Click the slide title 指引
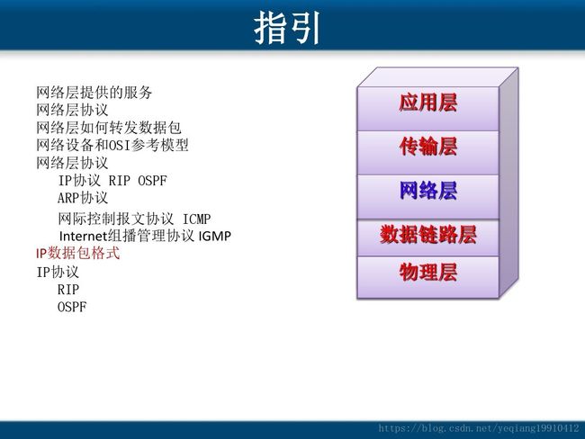[287, 28]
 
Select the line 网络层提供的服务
[94, 93]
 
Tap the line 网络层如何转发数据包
[109, 128]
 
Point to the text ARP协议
[83, 198]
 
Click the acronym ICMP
[196, 219]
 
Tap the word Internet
[83, 236]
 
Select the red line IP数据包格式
[78, 254]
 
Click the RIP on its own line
[68, 290]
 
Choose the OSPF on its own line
[72, 307]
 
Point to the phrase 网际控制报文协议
[116, 219]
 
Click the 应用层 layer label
[427, 103]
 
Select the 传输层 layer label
[427, 147]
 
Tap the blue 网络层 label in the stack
[427, 190]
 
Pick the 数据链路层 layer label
[427, 235]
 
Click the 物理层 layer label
[427, 272]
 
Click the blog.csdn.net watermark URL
[478, 428]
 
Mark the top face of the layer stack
[437, 77]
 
